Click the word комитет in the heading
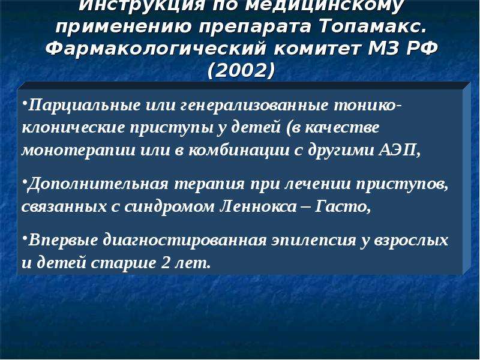318,49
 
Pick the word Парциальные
85,106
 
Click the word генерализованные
254,106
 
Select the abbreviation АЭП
399,150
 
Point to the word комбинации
239,150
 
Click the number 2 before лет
166,263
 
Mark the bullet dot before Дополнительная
24,182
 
